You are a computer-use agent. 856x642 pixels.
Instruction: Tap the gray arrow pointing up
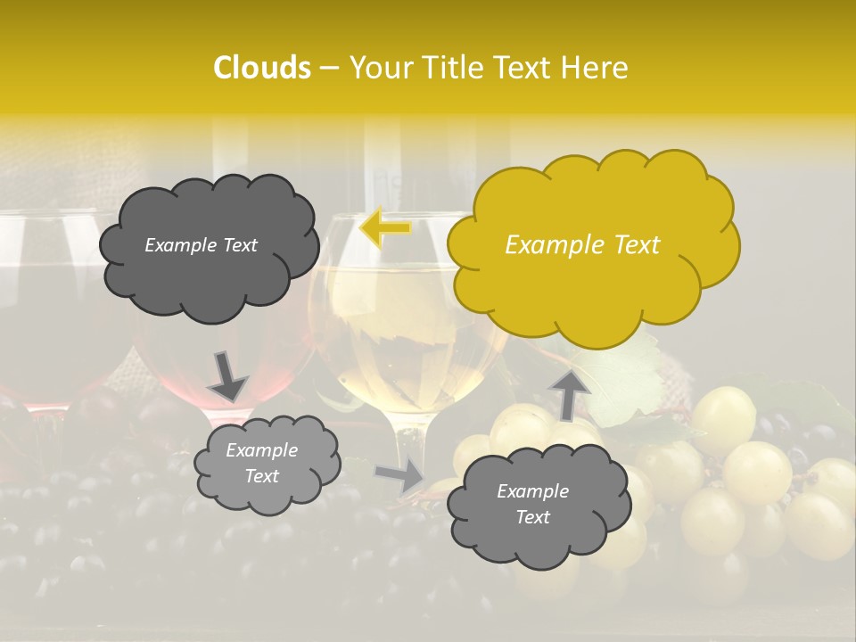569,393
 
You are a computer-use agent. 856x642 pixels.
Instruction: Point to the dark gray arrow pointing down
227,375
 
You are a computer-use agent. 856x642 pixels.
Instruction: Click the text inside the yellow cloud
582,245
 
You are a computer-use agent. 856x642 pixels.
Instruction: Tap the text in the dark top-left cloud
202,245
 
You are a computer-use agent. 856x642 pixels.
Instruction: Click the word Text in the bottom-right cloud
532,517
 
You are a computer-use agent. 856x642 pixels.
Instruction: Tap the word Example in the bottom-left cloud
261,450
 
